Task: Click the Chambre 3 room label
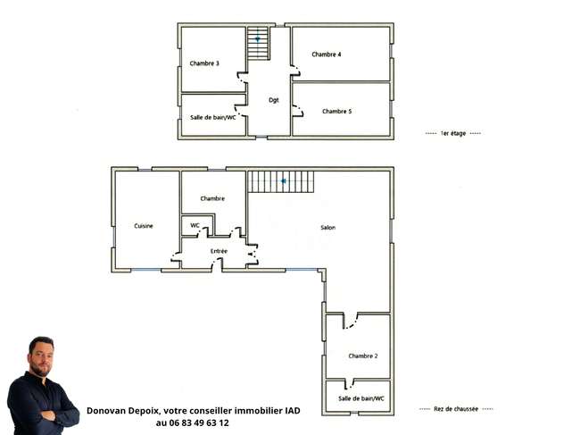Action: [x=204, y=63]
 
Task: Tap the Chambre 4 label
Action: [x=327, y=54]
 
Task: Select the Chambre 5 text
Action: [x=336, y=111]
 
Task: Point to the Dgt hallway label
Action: [x=274, y=100]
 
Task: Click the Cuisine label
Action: [x=144, y=226]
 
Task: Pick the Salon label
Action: [x=328, y=227]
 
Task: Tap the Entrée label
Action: [x=219, y=251]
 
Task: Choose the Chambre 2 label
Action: [x=363, y=356]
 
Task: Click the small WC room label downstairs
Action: [x=195, y=225]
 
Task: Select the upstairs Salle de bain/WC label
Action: [x=212, y=117]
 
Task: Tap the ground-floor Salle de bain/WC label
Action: [x=361, y=398]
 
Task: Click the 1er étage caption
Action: [x=453, y=133]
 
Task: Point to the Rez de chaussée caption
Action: [x=456, y=409]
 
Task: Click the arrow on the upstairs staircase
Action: [x=258, y=39]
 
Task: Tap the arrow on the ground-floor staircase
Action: [x=283, y=181]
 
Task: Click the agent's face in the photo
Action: [x=41, y=357]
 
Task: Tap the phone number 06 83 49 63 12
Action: [x=199, y=422]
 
